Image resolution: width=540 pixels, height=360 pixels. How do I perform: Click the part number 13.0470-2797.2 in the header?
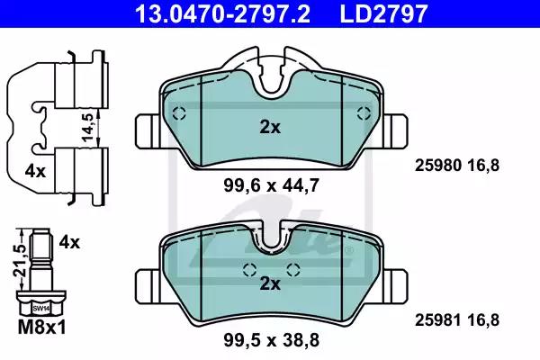222,13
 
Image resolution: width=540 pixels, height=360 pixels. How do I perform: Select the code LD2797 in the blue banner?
383,13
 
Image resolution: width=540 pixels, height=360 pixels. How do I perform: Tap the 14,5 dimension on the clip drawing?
88,127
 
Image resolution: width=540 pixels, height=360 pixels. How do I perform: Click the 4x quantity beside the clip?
35,171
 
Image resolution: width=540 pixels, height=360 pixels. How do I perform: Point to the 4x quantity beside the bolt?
69,242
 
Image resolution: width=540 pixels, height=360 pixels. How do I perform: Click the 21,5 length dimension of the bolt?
20,260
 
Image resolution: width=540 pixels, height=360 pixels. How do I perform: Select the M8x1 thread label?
41,327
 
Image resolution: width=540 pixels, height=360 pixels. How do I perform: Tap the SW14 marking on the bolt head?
41,309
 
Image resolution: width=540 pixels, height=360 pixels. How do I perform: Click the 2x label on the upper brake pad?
270,128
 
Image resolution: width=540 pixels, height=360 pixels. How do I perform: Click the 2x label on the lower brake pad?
270,283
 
